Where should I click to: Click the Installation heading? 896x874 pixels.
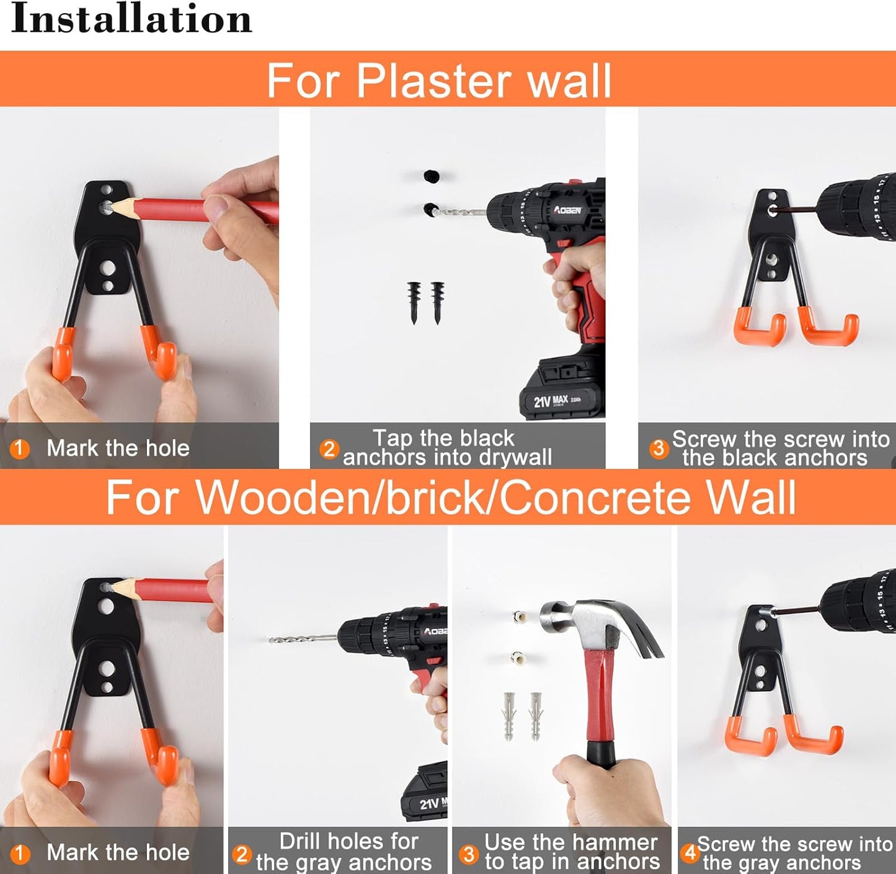[x=131, y=19]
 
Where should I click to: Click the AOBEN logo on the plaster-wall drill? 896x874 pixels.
[x=568, y=210]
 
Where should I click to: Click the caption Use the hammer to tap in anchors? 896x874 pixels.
[x=571, y=852]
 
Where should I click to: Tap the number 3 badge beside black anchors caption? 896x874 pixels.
[x=659, y=448]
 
